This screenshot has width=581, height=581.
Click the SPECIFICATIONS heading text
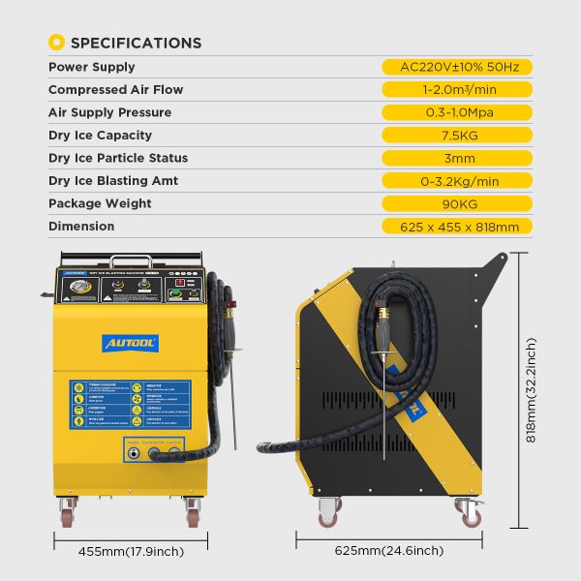coord(136,43)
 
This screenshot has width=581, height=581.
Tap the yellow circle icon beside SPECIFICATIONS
coord(57,43)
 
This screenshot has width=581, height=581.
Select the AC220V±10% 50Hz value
coord(459,67)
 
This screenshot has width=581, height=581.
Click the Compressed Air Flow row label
coord(115,90)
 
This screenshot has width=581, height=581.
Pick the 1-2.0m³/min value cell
coord(459,90)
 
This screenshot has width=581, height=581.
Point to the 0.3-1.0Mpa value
coord(459,112)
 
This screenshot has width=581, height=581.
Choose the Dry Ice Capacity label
coord(105,135)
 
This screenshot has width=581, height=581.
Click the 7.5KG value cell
coord(459,136)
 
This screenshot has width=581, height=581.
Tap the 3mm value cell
coord(459,158)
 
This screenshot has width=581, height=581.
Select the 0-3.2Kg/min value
coord(459,181)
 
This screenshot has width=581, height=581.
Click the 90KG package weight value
coord(459,203)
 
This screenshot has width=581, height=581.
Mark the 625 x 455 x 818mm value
coord(459,227)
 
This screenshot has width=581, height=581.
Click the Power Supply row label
coord(92,67)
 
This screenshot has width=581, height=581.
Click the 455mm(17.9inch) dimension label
coord(131,552)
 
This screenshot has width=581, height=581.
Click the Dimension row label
coord(81,227)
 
